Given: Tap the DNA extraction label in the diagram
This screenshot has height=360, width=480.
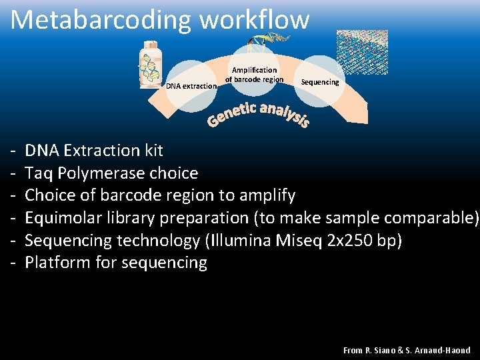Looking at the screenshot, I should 191,86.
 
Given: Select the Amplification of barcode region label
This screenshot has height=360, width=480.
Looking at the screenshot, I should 254,75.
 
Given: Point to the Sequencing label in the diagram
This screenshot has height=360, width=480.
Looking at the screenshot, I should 320,82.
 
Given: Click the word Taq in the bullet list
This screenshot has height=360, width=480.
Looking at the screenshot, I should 39,173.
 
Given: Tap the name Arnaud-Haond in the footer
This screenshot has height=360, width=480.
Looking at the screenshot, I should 445,350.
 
